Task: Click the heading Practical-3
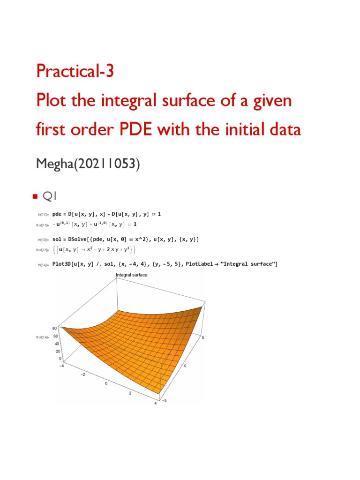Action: pyautogui.click(x=75, y=71)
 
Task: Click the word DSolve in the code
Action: pyautogui.click(x=82, y=240)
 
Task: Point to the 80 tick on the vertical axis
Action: pyautogui.click(x=55, y=329)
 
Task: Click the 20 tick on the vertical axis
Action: pyautogui.click(x=58, y=351)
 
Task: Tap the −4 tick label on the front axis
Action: pyautogui.click(x=60, y=366)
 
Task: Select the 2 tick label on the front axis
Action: pyautogui.click(x=130, y=393)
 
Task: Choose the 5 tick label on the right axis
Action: pyautogui.click(x=203, y=337)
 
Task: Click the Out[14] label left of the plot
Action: pyautogui.click(x=42, y=337)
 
